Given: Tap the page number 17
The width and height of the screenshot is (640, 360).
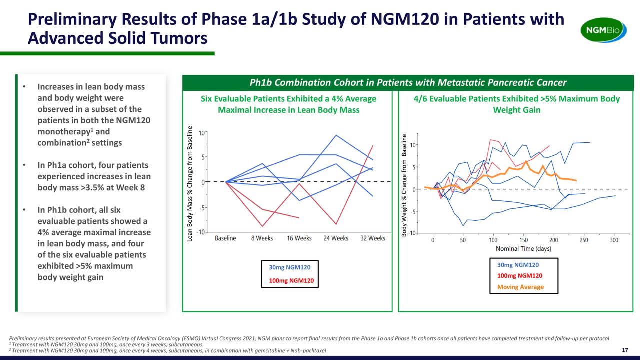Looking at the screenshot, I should pos(624,350).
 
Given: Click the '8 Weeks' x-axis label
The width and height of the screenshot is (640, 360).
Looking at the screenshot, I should pos(262,238).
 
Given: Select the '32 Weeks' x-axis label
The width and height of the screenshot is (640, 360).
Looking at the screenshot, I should pos(373,238).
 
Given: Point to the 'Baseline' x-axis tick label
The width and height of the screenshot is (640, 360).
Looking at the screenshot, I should pos(225,238).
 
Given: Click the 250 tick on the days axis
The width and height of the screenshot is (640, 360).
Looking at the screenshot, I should pos(584,240).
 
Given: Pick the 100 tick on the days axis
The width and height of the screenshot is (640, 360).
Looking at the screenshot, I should pos(493,240).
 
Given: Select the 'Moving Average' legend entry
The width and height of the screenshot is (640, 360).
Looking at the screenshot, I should pos(520,287).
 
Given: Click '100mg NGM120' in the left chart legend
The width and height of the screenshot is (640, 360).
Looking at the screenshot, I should pos(291,281).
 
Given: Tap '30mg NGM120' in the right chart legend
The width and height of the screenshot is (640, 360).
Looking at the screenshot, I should pos(518,265).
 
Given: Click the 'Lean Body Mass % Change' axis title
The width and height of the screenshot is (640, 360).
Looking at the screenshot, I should pos(190,184).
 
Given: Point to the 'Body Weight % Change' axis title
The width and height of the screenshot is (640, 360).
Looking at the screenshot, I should pos(405,185).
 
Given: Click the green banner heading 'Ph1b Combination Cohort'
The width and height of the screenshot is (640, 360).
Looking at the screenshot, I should pos(408,82).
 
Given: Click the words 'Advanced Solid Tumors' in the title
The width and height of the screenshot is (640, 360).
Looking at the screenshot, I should pos(117,38).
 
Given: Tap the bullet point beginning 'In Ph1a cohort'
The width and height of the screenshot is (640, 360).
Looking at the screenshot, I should pos(94,176).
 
